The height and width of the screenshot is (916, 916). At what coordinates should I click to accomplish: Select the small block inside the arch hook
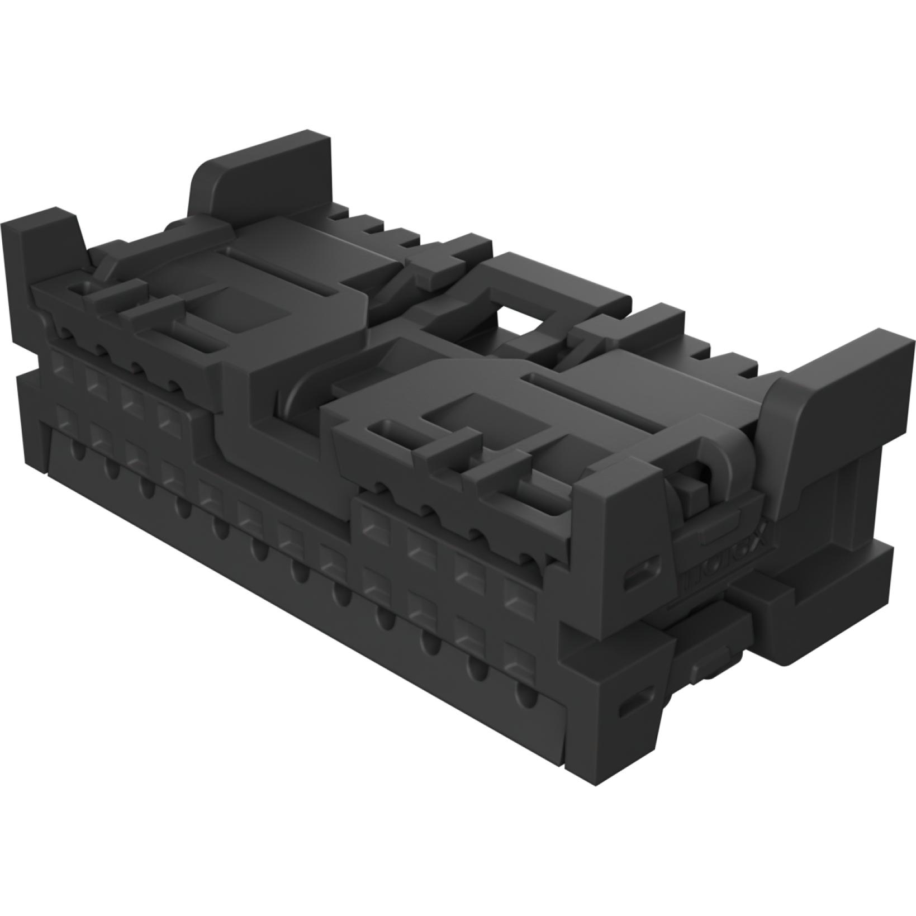(693, 492)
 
